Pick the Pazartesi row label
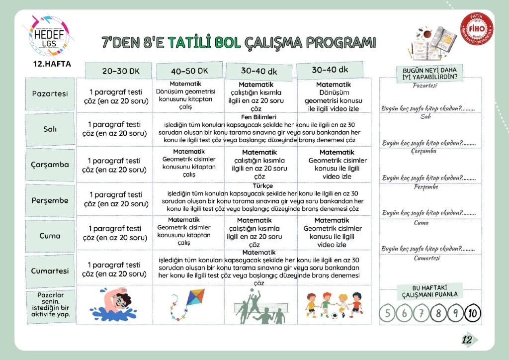click(x=50, y=94)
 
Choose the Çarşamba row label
click(x=50, y=165)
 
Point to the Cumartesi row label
click(x=50, y=271)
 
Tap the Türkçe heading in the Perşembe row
click(x=263, y=186)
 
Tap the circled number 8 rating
click(x=438, y=313)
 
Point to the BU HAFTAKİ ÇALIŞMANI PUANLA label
click(x=430, y=291)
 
